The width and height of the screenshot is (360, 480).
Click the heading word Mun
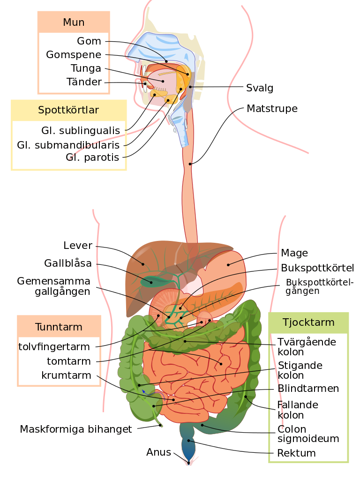(74, 22)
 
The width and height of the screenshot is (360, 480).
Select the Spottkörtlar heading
(68, 110)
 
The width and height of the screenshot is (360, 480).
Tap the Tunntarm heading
(59, 327)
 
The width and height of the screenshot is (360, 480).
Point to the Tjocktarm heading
(308, 322)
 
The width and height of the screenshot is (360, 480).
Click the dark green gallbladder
(155, 282)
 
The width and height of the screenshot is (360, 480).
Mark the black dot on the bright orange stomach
(228, 264)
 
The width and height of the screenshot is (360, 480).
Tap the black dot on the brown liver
(143, 264)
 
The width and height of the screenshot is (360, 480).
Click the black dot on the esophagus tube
(190, 164)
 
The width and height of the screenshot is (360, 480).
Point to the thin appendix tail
(158, 420)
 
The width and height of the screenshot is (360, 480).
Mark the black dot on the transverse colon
(185, 341)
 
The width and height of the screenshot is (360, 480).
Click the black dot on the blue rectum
(189, 440)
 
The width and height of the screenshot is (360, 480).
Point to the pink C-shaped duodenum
(162, 305)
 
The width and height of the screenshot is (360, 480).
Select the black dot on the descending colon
(245, 397)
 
